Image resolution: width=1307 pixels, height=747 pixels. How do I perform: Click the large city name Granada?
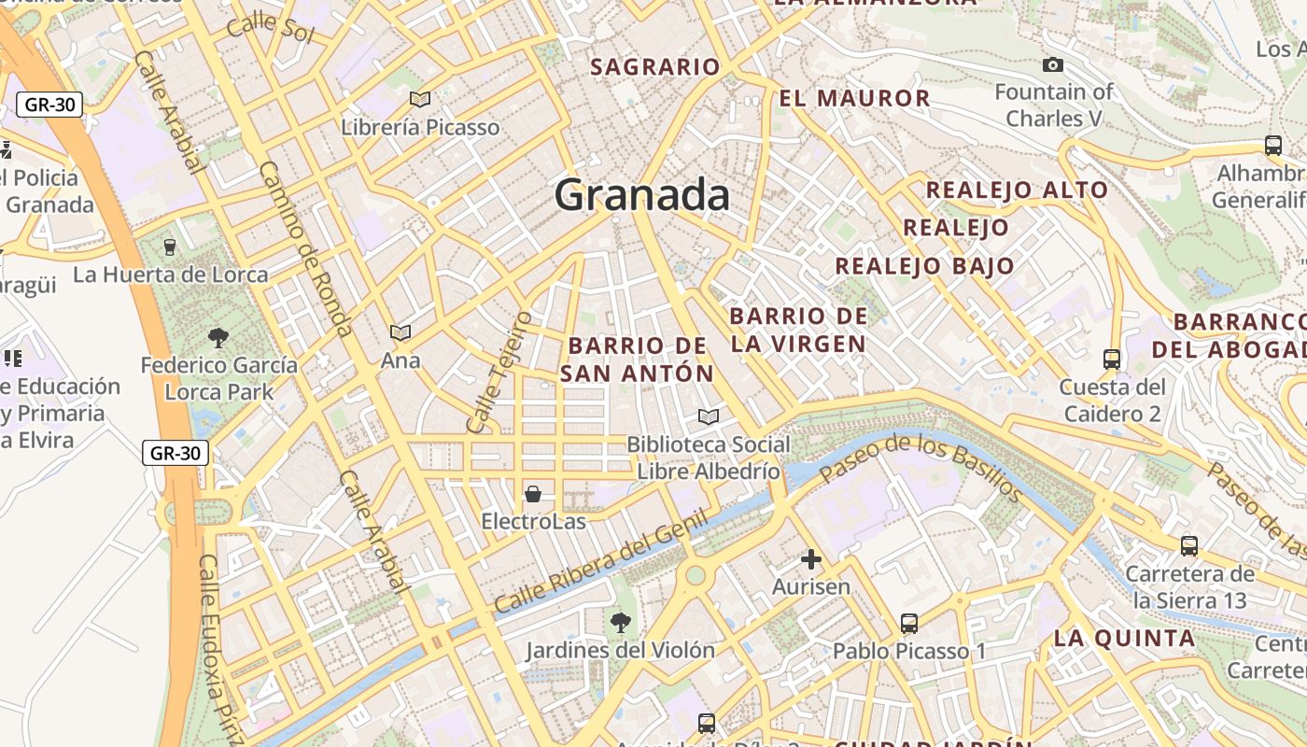coord(642,195)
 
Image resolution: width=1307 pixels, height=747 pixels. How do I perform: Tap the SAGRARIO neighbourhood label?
coord(655,67)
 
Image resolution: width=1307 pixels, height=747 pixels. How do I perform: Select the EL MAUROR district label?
coord(854,98)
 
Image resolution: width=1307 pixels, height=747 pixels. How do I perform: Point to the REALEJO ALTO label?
coord(1017,190)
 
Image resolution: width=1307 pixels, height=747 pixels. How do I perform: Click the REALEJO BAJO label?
coord(924,266)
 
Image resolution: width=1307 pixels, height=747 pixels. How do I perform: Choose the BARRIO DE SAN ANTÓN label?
coord(638,359)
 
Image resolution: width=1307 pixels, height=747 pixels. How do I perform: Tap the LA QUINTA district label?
coord(1124,639)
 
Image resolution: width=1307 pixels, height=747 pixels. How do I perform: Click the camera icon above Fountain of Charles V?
coord(1053,64)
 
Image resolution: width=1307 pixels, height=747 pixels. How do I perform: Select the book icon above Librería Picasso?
coord(420,99)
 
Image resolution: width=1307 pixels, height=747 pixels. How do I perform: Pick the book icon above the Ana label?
coord(401,332)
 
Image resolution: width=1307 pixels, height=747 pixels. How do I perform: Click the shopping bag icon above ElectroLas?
coord(533,493)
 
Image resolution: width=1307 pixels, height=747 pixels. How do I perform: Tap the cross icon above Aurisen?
coord(811,559)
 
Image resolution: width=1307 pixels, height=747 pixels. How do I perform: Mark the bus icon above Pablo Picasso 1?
coord(909,623)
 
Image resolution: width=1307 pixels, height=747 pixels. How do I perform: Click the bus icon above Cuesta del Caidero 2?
coord(1111,359)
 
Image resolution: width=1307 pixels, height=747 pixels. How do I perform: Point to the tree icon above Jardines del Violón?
coord(620,622)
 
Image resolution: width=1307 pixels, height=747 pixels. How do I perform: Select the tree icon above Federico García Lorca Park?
coord(219,337)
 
